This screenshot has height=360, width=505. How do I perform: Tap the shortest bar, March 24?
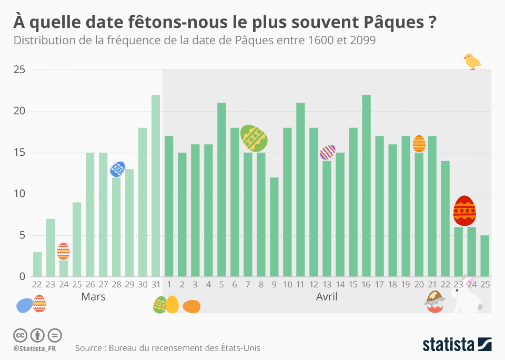64,268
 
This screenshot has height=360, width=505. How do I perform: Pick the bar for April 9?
274,227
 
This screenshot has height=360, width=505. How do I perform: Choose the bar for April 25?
484,256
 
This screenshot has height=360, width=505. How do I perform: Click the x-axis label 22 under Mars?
37,284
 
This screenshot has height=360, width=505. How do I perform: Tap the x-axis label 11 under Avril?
300,284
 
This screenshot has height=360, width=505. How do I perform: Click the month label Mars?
93,297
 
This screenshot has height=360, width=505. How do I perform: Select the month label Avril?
326,297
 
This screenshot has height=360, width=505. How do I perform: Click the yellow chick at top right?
472,62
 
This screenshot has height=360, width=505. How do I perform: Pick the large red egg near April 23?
464,211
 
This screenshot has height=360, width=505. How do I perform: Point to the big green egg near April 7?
254,138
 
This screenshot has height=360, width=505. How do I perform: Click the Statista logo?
457,345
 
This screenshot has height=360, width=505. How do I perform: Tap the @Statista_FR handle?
35,348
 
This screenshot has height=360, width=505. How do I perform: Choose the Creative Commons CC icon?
20,335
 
